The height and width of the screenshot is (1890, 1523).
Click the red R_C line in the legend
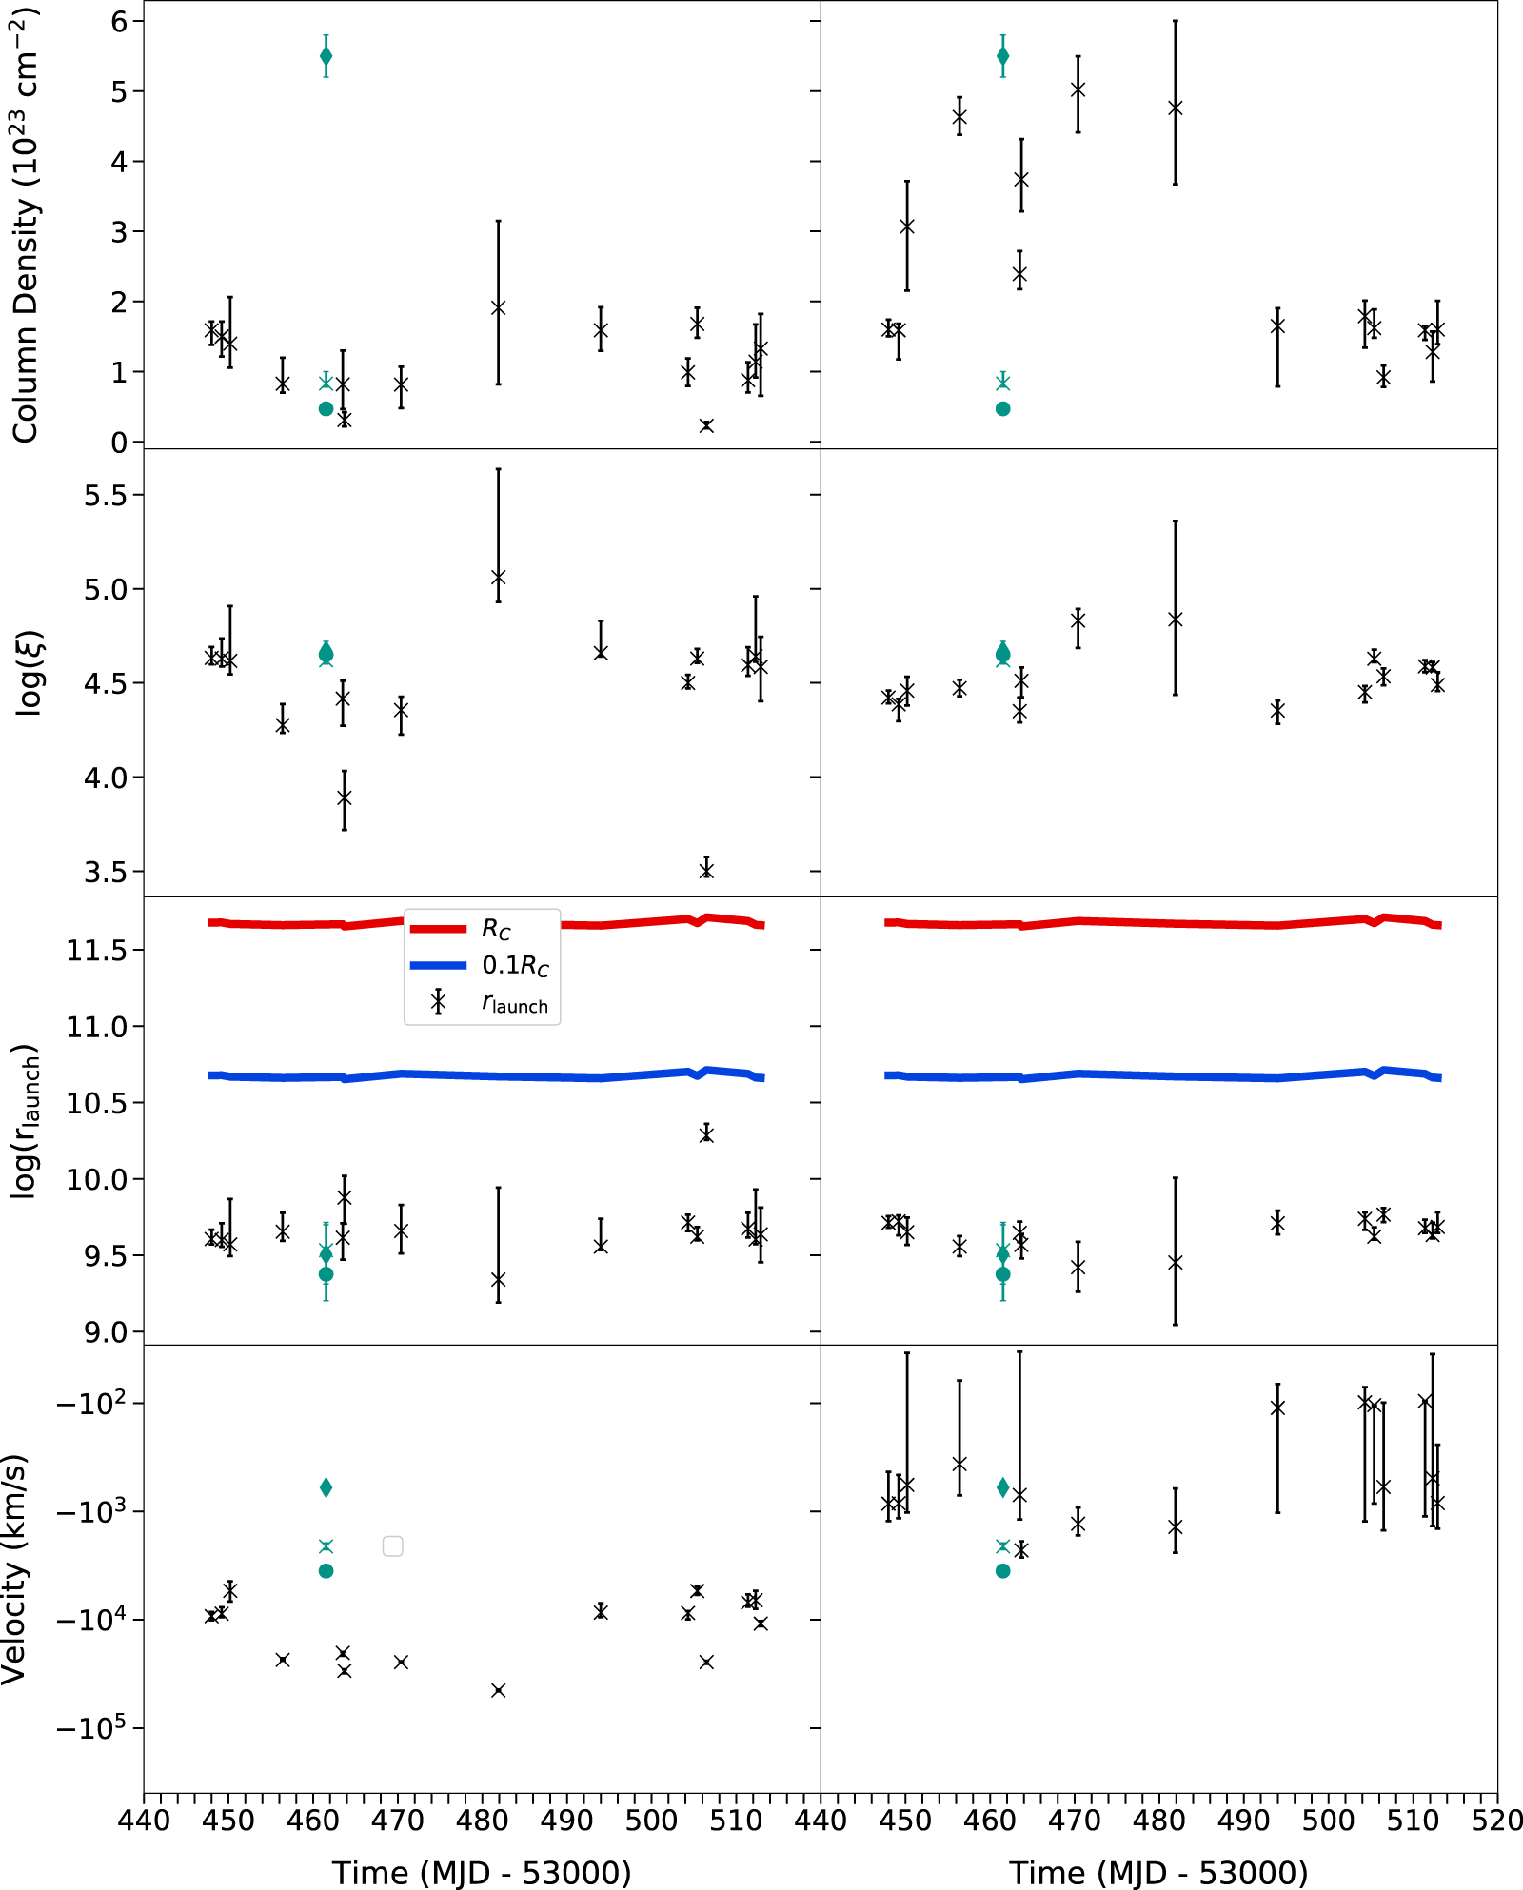pos(438,928)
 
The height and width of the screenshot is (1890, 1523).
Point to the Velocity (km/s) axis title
pos(15,1569)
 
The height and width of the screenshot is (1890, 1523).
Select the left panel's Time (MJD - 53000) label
pos(482,1872)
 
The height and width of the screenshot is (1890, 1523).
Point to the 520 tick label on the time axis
pos(1496,1821)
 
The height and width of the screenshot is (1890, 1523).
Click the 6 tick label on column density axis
pos(120,22)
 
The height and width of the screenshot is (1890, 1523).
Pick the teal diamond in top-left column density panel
pos(326,56)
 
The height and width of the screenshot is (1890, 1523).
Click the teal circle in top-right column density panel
pos(1002,408)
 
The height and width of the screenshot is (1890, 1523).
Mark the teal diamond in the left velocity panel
pos(326,1486)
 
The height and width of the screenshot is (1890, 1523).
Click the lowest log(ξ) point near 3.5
pos(706,868)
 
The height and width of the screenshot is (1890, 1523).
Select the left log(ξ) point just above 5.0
pos(498,578)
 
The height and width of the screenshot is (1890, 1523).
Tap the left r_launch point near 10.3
pos(706,1133)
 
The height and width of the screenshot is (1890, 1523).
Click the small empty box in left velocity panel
pos(392,1545)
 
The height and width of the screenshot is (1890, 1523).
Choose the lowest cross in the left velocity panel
pos(498,1690)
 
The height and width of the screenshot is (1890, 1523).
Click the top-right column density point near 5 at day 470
pos(1078,90)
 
